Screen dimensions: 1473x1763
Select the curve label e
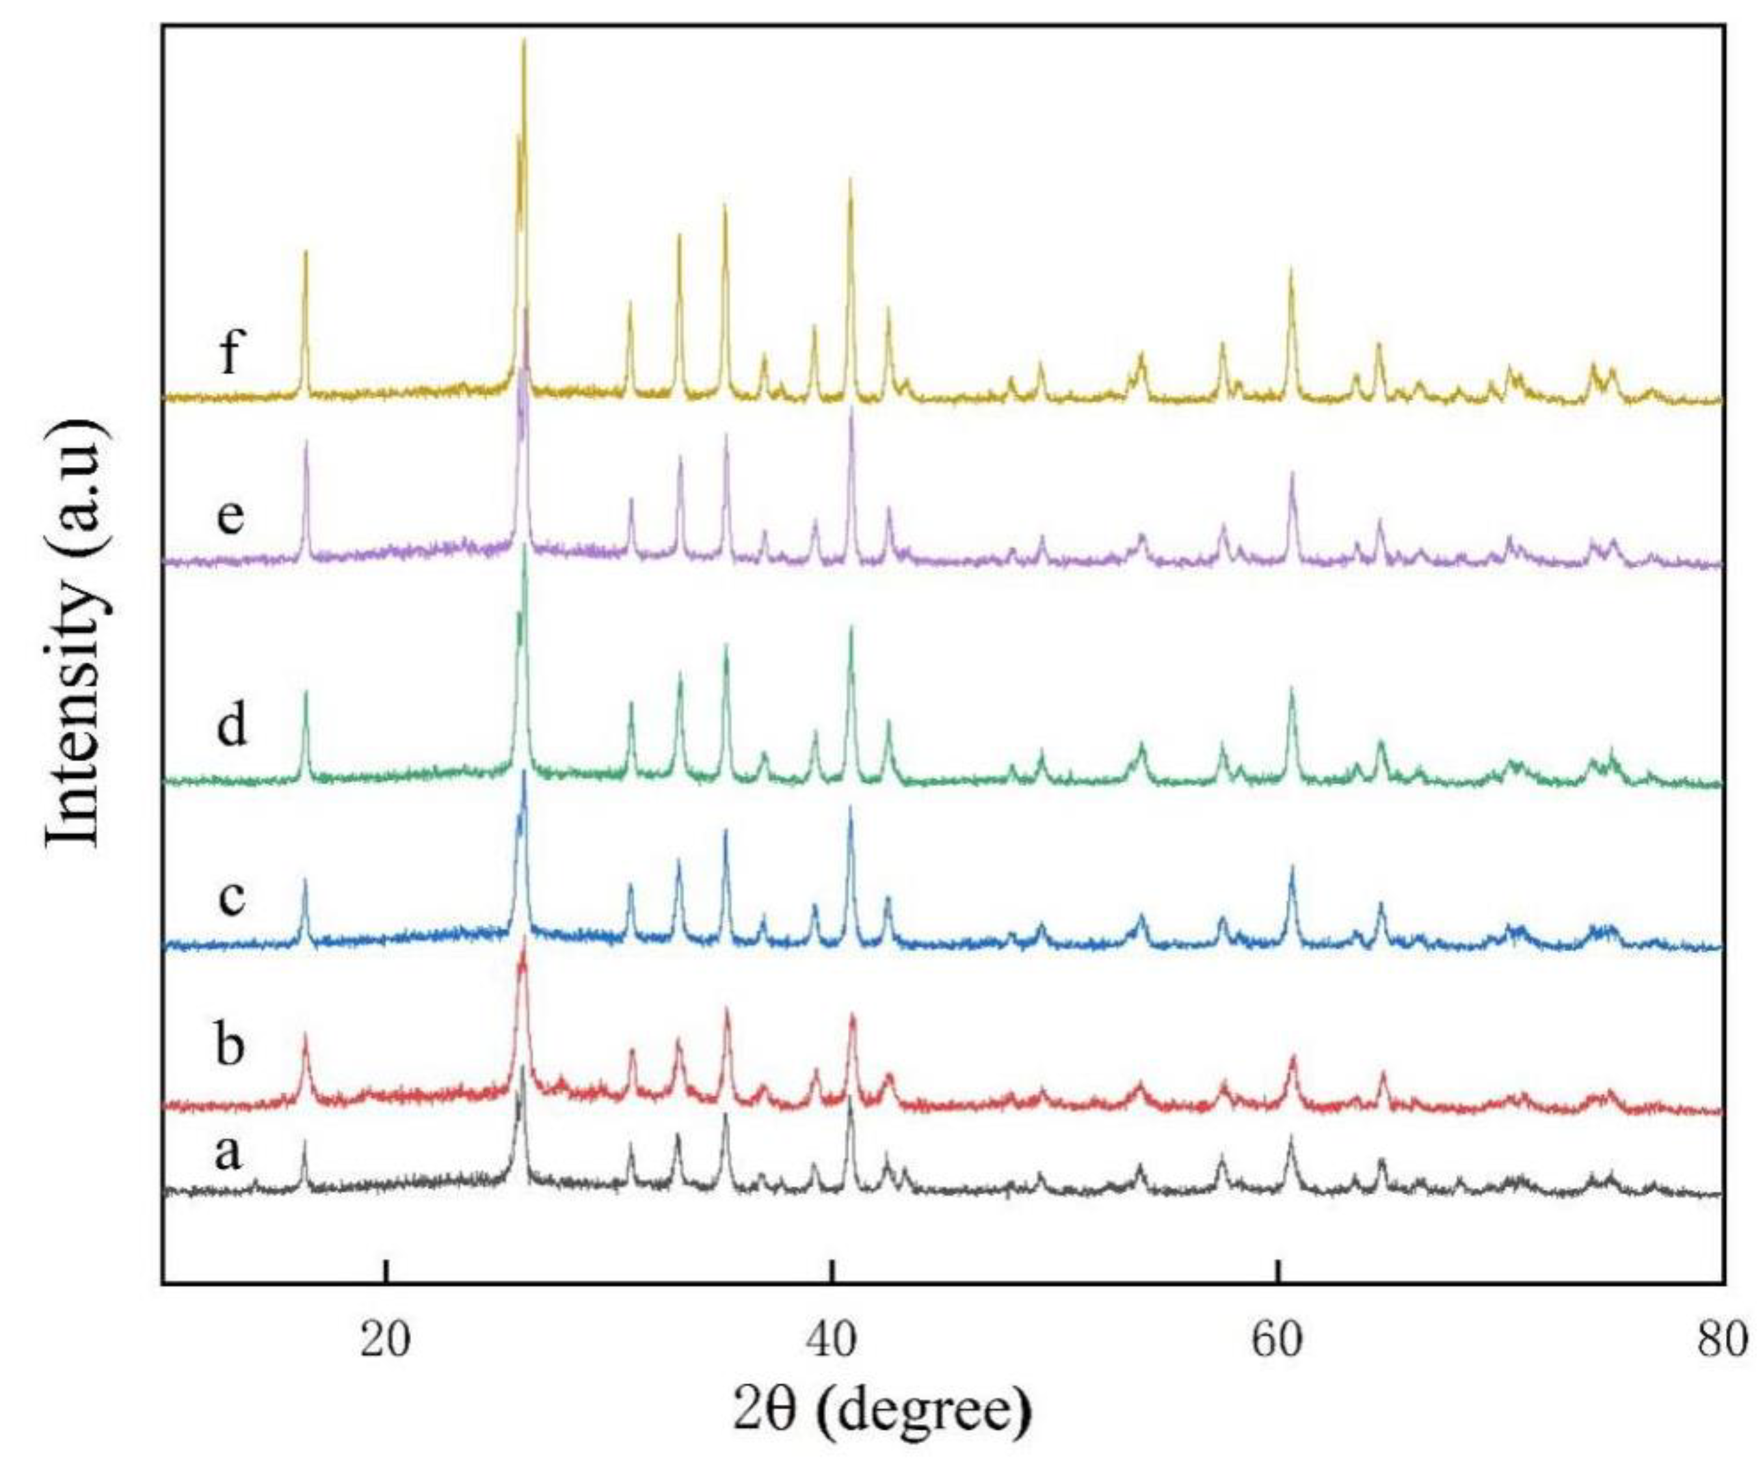pos(230,516)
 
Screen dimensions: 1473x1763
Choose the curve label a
pos(228,1152)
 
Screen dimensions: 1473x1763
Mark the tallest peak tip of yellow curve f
pos(524,40)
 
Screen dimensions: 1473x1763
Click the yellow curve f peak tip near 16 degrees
pos(306,251)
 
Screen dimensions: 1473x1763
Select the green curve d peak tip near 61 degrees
pos(1292,688)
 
